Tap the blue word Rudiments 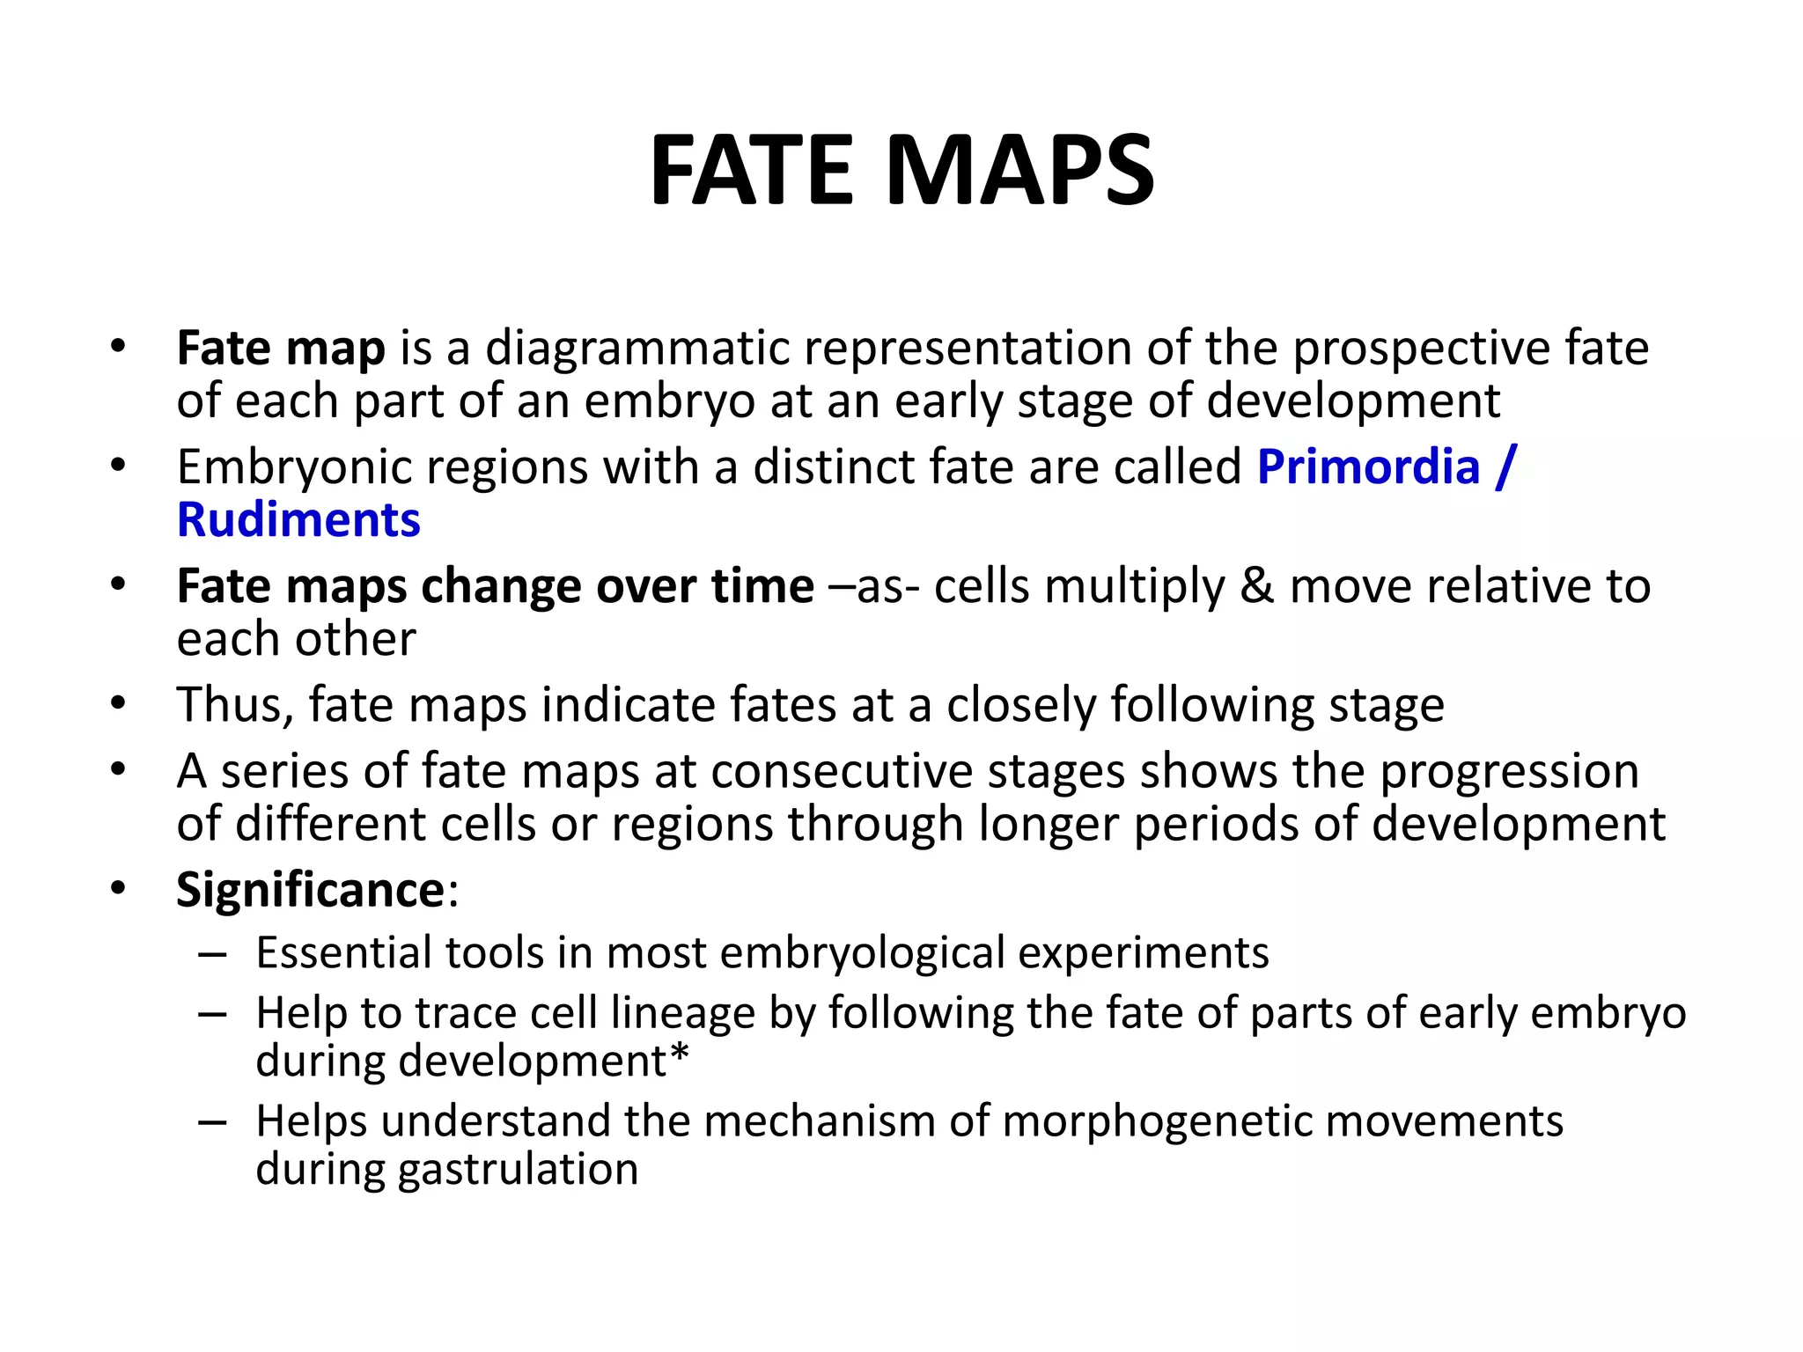tap(298, 519)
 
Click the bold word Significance tap(311, 889)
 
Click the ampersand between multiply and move tap(1256, 586)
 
